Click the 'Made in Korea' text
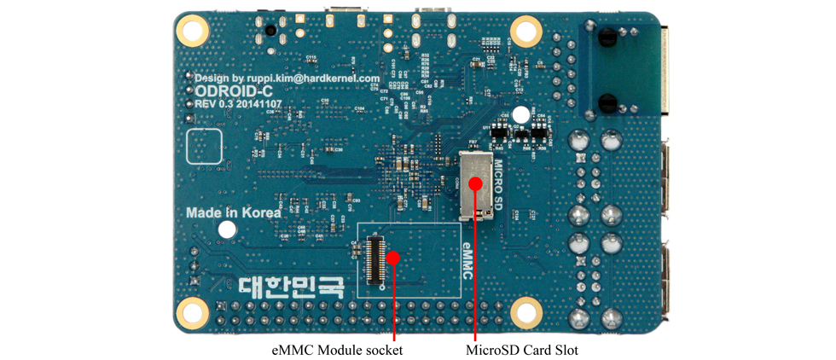(233, 212)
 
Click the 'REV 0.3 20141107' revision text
(239, 103)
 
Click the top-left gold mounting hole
(193, 32)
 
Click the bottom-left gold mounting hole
(193, 312)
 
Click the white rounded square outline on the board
(205, 147)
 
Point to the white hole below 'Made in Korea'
(227, 229)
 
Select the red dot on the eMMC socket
(393, 257)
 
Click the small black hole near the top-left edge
(270, 31)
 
